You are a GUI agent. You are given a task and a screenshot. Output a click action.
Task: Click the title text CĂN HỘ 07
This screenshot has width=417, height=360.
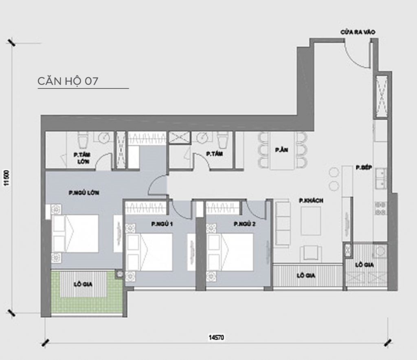(x=68, y=81)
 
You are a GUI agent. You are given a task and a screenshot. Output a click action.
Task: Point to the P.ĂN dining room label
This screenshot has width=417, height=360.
(x=280, y=150)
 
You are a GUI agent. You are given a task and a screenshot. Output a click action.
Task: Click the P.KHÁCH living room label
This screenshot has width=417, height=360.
(x=308, y=201)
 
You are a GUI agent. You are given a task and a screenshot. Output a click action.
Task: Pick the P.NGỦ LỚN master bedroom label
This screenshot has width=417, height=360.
(x=84, y=193)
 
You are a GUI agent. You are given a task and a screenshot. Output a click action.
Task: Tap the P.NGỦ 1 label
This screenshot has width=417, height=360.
(x=160, y=224)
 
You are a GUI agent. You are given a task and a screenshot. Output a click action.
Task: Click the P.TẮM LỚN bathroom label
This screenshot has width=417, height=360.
(x=81, y=158)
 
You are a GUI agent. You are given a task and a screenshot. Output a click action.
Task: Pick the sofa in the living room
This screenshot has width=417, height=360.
(x=282, y=222)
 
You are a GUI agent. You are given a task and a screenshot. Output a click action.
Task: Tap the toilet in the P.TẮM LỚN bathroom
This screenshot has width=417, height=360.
(x=84, y=140)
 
